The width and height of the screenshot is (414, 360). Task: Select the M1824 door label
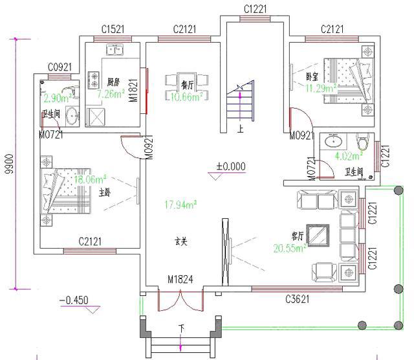point(181,280)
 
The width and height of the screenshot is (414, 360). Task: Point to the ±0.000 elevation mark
point(231,166)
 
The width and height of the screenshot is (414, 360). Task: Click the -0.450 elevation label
point(73,300)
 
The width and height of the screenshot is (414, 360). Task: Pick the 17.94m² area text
point(181,205)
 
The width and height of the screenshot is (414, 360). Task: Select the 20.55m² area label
point(290,248)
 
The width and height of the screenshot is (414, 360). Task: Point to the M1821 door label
point(132,89)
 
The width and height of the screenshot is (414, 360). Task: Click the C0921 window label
point(60,67)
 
